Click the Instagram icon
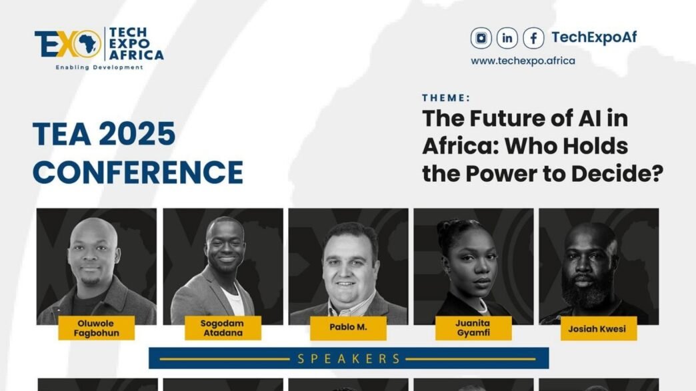[x=481, y=38]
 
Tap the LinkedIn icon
[x=507, y=38]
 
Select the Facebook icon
[x=533, y=38]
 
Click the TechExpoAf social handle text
[x=593, y=37]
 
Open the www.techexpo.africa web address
[x=523, y=61]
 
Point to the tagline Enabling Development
[x=99, y=67]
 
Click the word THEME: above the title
[x=446, y=98]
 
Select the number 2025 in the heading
[x=137, y=135]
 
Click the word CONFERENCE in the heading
[x=138, y=173]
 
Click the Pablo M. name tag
[x=348, y=328]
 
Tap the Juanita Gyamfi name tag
[x=473, y=328]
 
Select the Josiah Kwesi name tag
[x=597, y=328]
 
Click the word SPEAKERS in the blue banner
[x=349, y=358]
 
